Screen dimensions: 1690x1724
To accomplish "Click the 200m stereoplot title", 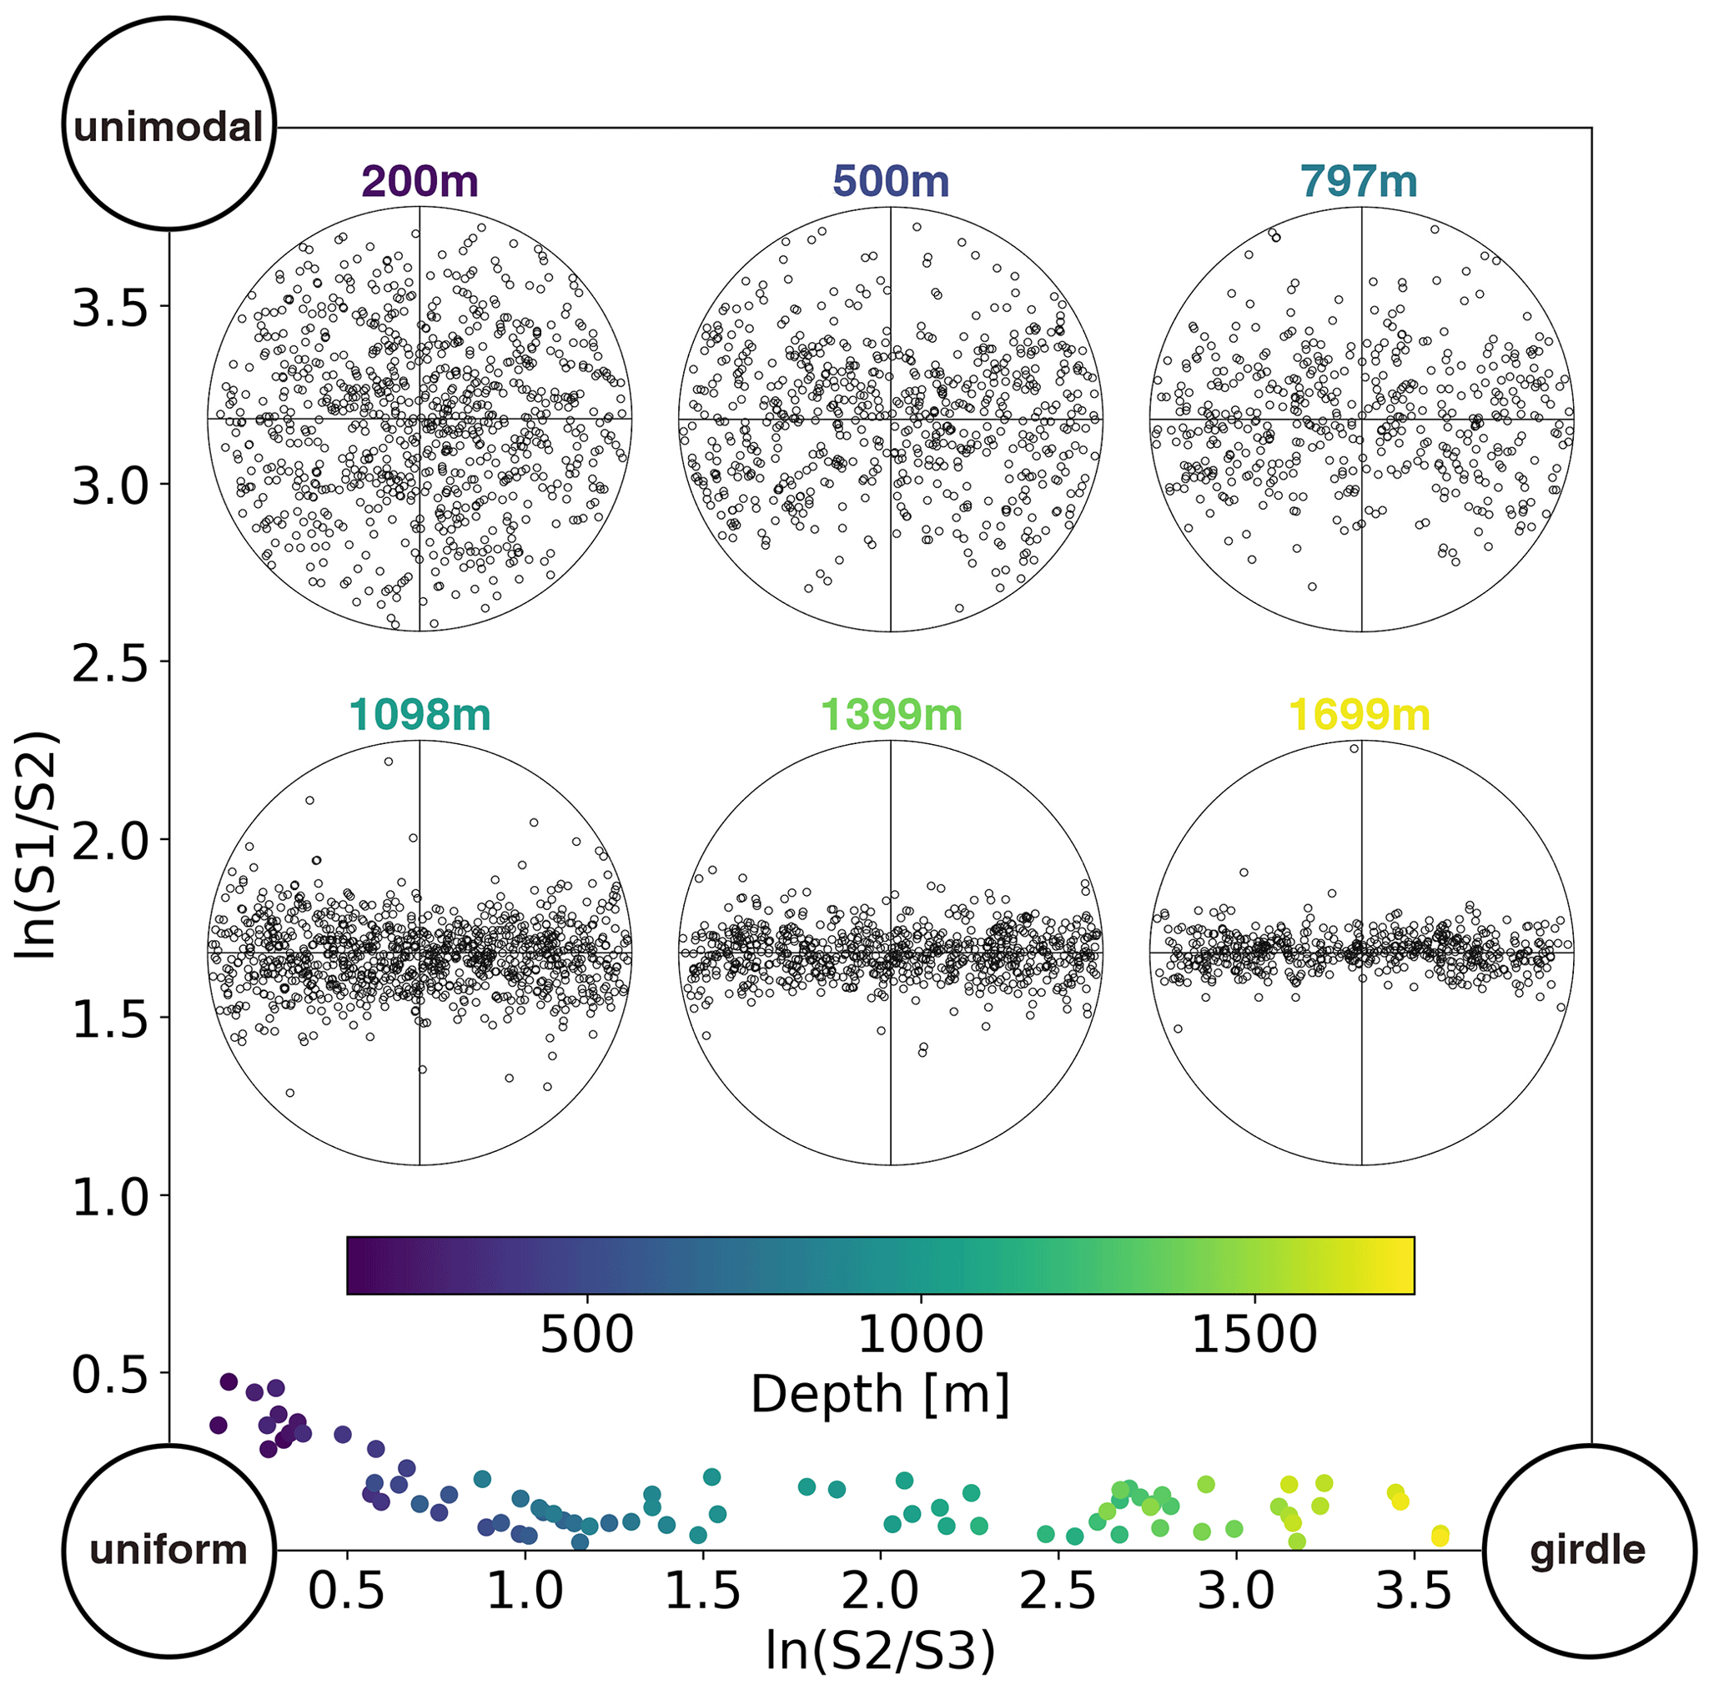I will click(x=420, y=182).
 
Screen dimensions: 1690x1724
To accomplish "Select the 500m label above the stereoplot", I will click(x=891, y=182).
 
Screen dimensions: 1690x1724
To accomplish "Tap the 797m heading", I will click(x=1359, y=182).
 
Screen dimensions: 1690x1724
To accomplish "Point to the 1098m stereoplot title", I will click(x=420, y=716).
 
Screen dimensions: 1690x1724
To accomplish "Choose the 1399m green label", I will click(x=891, y=716).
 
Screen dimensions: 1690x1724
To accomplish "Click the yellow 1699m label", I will click(x=1360, y=716).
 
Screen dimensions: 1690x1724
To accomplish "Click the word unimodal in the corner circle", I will click(x=168, y=128).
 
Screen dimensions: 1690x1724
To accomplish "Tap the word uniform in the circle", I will click(x=168, y=1550).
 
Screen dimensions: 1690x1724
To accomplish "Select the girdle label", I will click(x=1587, y=1550).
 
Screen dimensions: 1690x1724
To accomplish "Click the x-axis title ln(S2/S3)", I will click(x=880, y=1651).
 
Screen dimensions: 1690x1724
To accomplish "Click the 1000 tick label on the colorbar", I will click(x=920, y=1333).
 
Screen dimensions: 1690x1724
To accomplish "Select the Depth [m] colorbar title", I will click(x=880, y=1394).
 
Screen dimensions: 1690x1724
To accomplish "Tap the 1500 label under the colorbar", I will click(x=1254, y=1333).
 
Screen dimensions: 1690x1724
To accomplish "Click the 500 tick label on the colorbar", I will click(x=586, y=1333).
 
